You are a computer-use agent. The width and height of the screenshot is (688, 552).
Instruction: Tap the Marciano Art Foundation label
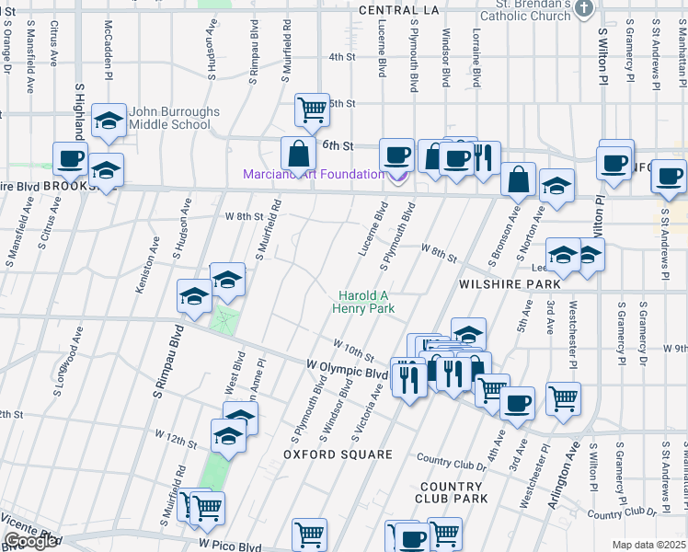click(x=314, y=175)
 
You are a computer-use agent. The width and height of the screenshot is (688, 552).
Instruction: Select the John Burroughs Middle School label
click(x=174, y=118)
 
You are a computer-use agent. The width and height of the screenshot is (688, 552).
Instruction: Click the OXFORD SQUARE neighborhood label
click(x=338, y=454)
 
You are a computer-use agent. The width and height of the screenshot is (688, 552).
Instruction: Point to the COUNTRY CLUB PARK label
click(x=452, y=492)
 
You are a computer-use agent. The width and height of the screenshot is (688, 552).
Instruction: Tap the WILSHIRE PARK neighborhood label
click(x=497, y=285)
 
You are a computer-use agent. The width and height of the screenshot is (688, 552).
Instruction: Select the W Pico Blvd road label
click(x=229, y=546)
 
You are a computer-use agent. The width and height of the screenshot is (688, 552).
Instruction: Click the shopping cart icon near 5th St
click(x=312, y=109)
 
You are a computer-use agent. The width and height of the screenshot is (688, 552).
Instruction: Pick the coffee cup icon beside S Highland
click(x=71, y=159)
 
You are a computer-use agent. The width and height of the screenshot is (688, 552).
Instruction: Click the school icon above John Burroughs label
click(x=109, y=121)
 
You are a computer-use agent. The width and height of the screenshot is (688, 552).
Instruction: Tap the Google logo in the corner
click(x=30, y=541)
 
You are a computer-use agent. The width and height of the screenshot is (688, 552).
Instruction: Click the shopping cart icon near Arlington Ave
click(x=563, y=398)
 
